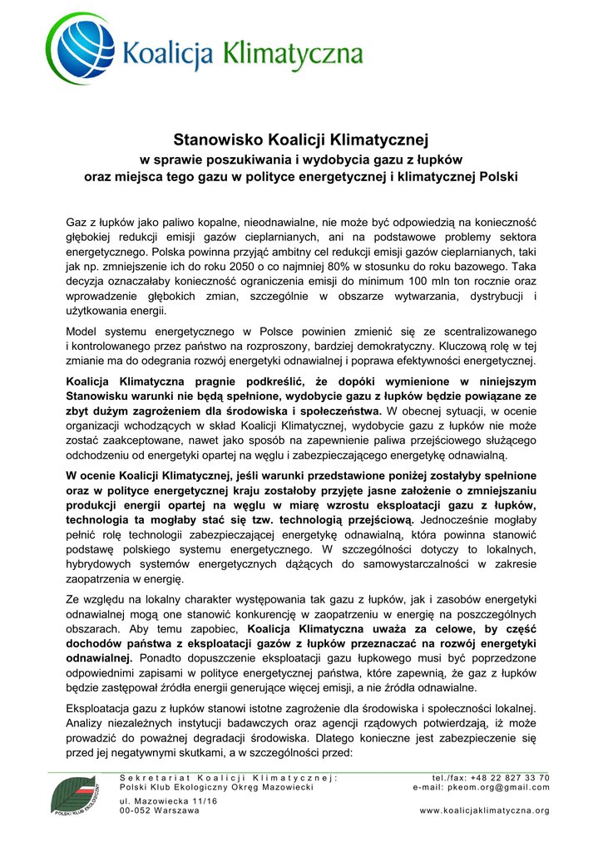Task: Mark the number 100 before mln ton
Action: [x=432, y=281]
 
